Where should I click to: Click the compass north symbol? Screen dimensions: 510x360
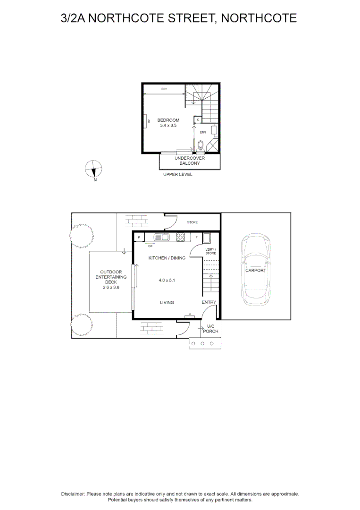click(x=94, y=169)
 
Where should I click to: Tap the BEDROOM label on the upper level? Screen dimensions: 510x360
click(x=168, y=120)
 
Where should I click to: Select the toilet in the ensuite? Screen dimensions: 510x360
click(x=201, y=145)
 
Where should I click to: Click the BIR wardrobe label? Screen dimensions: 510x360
click(x=164, y=89)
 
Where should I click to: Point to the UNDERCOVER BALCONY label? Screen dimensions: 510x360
click(x=190, y=161)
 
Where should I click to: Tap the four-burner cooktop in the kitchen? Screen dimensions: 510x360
click(x=180, y=237)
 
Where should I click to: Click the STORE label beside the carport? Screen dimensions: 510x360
click(x=192, y=222)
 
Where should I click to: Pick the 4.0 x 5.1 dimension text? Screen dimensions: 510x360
click(x=167, y=280)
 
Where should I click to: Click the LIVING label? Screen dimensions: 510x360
click(x=167, y=302)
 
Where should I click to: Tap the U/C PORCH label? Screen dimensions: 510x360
click(x=210, y=329)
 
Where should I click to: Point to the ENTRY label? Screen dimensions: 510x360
click(x=209, y=302)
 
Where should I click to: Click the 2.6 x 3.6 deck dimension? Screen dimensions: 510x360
click(x=111, y=287)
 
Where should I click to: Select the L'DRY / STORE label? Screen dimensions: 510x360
click(x=211, y=251)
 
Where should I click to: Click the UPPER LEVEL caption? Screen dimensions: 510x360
click(x=178, y=174)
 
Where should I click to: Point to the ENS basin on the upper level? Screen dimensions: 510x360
click(x=214, y=130)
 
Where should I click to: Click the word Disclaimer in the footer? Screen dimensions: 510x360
click(x=73, y=493)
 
